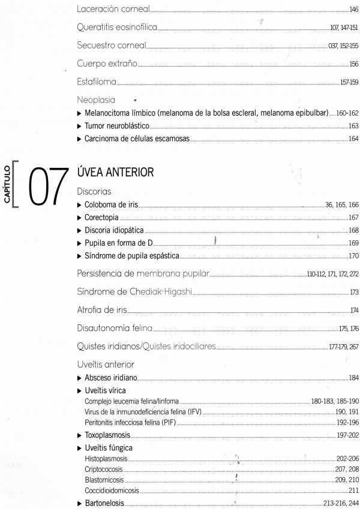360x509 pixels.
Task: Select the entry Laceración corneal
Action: pyautogui.click(x=114, y=10)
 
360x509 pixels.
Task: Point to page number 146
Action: pyautogui.click(x=353, y=11)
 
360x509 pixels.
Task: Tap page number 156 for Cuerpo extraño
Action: pyautogui.click(x=353, y=65)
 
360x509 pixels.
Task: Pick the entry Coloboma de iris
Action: pyautogui.click(x=112, y=205)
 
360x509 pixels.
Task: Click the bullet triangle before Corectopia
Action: pyautogui.click(x=80, y=218)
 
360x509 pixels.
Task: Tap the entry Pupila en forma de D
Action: pyautogui.click(x=119, y=245)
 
